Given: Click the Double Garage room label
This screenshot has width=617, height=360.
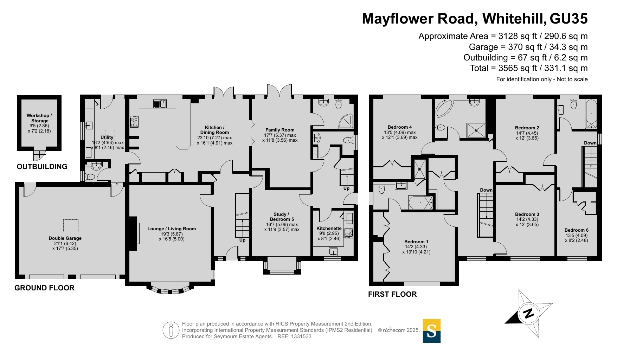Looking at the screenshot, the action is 65,238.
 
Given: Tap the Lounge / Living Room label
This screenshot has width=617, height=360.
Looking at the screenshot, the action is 172,229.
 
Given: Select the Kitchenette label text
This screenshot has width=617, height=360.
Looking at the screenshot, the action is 329,228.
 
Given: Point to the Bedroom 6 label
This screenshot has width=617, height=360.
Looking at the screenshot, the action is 577,230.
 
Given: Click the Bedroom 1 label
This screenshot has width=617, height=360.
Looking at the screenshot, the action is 416,242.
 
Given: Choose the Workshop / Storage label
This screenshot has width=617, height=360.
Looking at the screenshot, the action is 39,118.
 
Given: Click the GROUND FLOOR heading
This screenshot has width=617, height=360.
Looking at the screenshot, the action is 44,288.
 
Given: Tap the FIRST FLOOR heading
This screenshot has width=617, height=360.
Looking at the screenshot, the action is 392,294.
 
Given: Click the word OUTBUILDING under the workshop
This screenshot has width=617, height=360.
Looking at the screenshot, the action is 42,167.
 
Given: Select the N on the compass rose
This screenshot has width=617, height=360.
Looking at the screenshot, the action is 528,313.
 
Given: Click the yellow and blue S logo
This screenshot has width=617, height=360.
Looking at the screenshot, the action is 431,331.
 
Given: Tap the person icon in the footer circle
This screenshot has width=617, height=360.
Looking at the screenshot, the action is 171,330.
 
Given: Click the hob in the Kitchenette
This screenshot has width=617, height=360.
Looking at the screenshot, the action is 348,233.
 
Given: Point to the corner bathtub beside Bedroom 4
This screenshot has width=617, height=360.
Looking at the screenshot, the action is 444,108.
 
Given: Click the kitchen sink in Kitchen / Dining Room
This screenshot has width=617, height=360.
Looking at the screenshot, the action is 160,104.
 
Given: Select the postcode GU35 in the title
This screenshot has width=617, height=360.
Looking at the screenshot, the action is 568,19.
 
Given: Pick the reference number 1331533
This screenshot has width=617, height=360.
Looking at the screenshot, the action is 300,336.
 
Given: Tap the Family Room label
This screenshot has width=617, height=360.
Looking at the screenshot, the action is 280,130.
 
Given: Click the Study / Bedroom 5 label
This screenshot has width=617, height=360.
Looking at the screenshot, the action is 282,217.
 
